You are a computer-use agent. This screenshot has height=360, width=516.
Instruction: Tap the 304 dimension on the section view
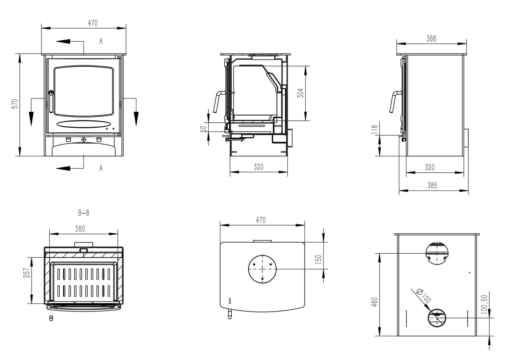[300, 94]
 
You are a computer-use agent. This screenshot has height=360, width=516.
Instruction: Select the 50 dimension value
[203, 129]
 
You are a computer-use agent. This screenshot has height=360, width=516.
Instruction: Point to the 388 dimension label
[431, 39]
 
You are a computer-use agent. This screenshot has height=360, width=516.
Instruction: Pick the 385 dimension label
[432, 186]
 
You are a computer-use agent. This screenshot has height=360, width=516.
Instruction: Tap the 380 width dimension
[80, 229]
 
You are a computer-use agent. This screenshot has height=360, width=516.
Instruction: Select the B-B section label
[84, 213]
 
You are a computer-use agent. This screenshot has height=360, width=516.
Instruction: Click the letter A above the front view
[101, 41]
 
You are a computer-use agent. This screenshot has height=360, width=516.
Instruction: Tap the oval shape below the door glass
[83, 123]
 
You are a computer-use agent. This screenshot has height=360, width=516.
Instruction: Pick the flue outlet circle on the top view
[262, 269]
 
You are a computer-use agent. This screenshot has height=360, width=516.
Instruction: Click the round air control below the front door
[84, 140]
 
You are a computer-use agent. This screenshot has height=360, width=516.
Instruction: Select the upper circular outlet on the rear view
[436, 254]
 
